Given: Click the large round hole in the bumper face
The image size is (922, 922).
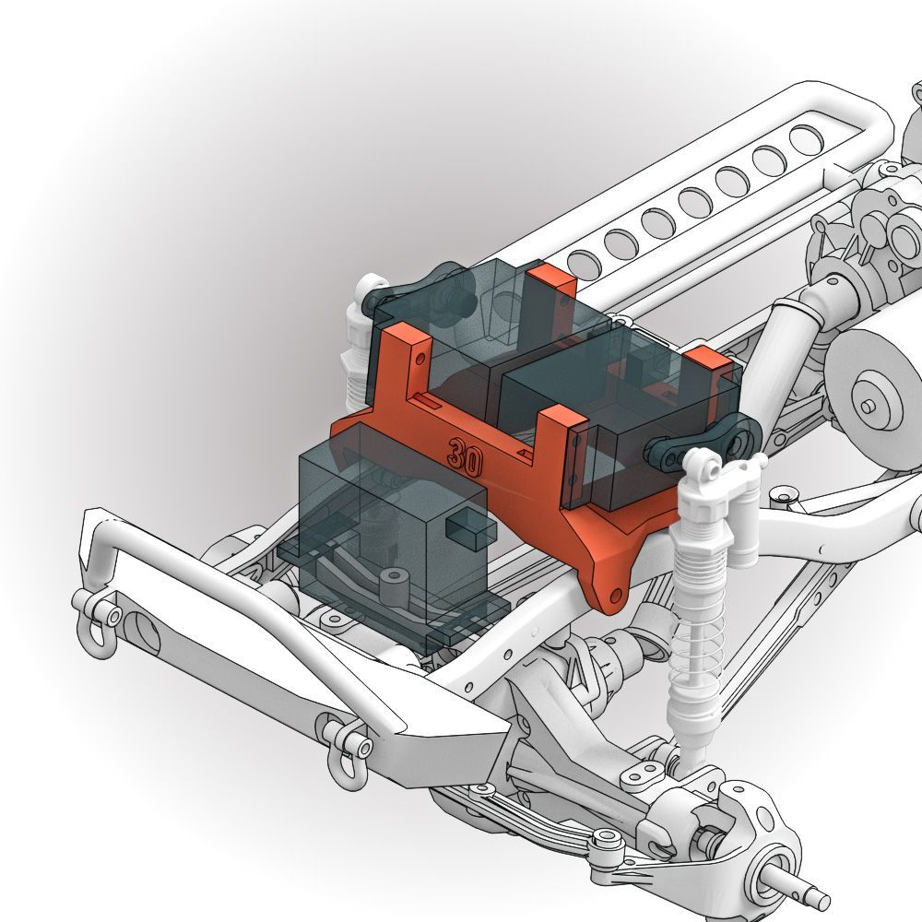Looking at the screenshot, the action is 143,634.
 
